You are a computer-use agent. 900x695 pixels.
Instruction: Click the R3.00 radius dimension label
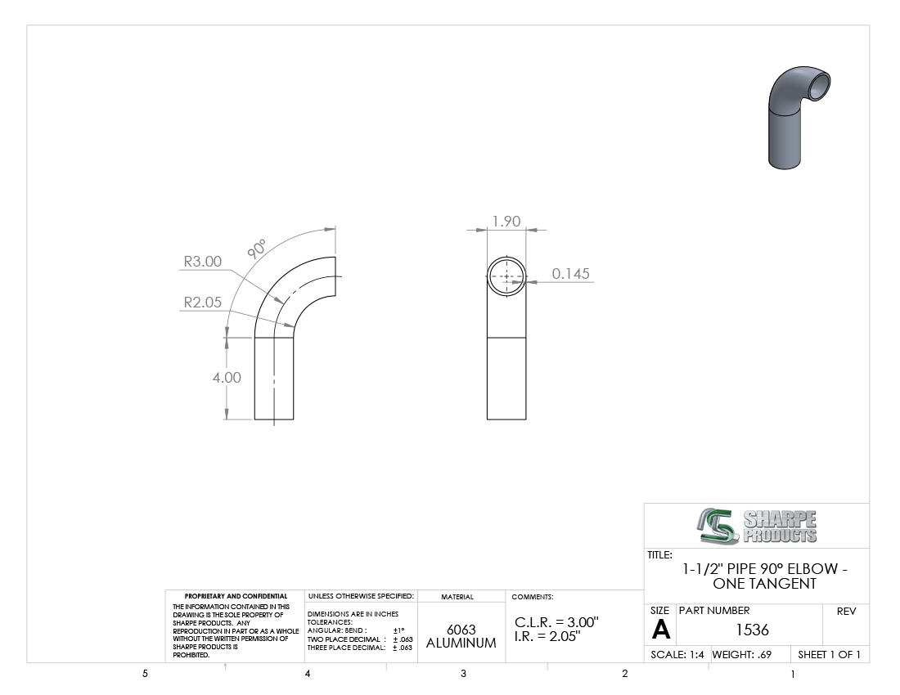pyautogui.click(x=203, y=262)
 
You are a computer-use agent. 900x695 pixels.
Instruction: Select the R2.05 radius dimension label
pyautogui.click(x=203, y=303)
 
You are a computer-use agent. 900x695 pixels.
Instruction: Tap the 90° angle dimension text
pyautogui.click(x=257, y=249)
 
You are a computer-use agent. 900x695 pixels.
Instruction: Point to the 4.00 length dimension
pyautogui.click(x=227, y=377)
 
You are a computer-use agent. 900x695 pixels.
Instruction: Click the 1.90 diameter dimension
pyautogui.click(x=506, y=222)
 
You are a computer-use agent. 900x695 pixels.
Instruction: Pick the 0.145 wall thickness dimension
pyautogui.click(x=570, y=274)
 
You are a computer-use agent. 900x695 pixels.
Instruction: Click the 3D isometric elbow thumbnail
pyautogui.click(x=799, y=118)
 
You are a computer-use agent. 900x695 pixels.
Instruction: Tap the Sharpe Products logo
pyautogui.click(x=757, y=526)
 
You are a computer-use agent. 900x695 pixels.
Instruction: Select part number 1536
pyautogui.click(x=752, y=630)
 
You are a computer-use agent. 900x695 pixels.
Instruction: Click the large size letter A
pyautogui.click(x=661, y=630)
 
